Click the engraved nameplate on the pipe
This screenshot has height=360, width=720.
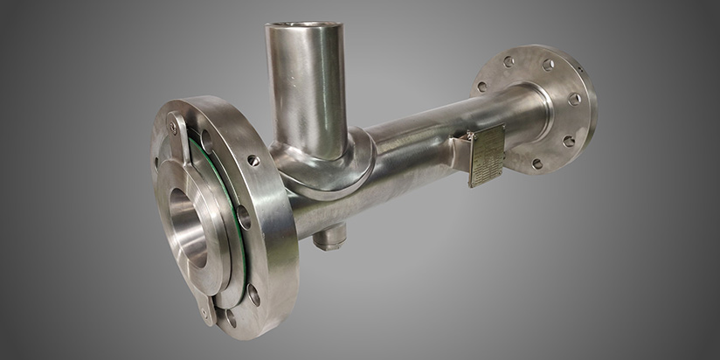tap(486, 155)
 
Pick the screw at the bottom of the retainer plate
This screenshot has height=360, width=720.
tap(206, 308)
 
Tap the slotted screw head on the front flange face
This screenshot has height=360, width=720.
tap(253, 161)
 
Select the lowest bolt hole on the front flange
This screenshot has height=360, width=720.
tap(231, 320)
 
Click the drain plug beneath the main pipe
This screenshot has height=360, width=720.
tap(329, 235)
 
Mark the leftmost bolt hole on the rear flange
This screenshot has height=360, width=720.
tap(481, 87)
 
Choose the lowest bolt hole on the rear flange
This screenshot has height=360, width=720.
tap(537, 163)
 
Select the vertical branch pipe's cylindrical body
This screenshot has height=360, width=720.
tap(306, 87)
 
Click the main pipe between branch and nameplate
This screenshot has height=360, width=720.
tap(411, 157)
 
